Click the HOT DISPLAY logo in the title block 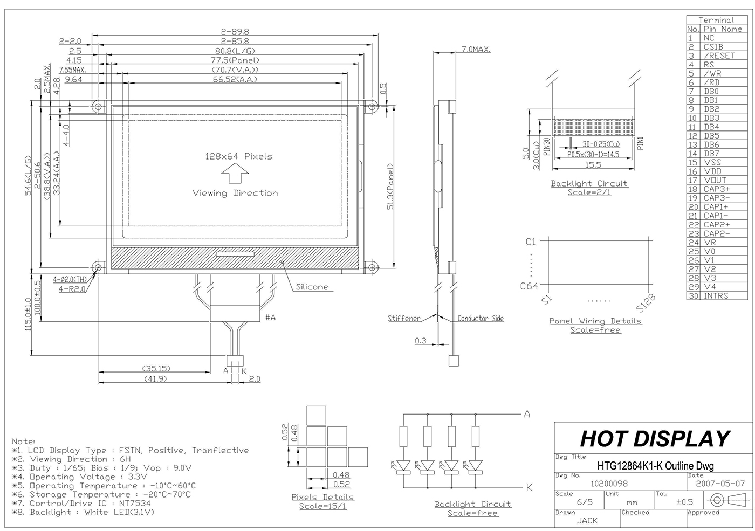pos(655,439)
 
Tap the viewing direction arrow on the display pos(235,174)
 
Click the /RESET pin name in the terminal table pos(719,56)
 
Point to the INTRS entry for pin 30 pos(716,296)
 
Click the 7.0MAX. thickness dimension pos(476,49)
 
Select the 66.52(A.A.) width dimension pos(235,79)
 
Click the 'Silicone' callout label pos(312,287)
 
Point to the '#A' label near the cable pos(270,317)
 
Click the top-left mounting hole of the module pos(98,106)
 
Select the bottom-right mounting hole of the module pos(371,267)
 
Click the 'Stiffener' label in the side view pos(404,319)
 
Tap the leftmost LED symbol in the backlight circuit pos(403,465)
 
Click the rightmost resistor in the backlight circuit pos(475,436)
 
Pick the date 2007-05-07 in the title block pos(720,484)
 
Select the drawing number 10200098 pos(609,484)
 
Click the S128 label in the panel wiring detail pos(646,303)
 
